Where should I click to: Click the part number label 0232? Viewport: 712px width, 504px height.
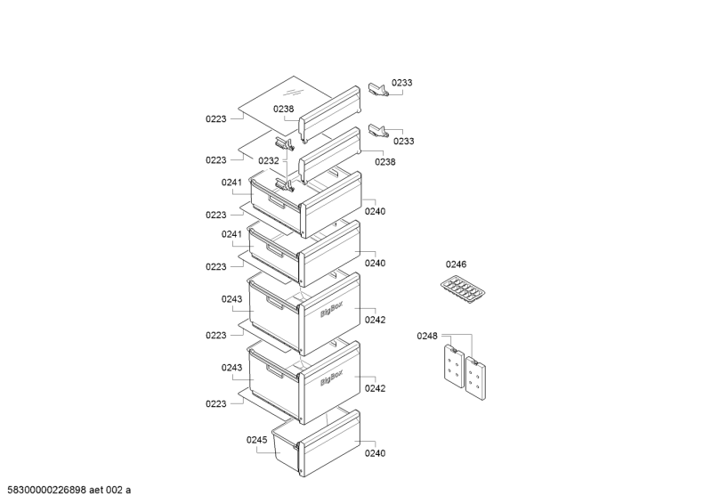pyautogui.click(x=269, y=161)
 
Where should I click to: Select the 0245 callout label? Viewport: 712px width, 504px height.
pyautogui.click(x=257, y=440)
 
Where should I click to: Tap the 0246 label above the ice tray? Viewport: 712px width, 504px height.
pyautogui.click(x=457, y=264)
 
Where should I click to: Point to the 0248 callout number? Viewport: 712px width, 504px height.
pyautogui.click(x=427, y=336)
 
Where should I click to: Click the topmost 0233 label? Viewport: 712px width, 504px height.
pyautogui.click(x=403, y=83)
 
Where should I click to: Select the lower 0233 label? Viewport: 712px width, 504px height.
pyautogui.click(x=403, y=141)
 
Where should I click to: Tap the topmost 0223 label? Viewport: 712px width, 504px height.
pyautogui.click(x=215, y=118)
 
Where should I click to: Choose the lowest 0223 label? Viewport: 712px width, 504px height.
pyautogui.click(x=215, y=403)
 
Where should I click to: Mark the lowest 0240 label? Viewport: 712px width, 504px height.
pyautogui.click(x=375, y=453)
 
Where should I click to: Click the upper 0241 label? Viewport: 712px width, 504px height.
pyautogui.click(x=231, y=183)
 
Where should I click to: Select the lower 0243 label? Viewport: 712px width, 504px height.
pyautogui.click(x=231, y=368)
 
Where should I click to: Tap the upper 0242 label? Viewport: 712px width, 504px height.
pyautogui.click(x=375, y=320)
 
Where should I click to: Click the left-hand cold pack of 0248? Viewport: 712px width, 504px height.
pyautogui.click(x=451, y=367)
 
